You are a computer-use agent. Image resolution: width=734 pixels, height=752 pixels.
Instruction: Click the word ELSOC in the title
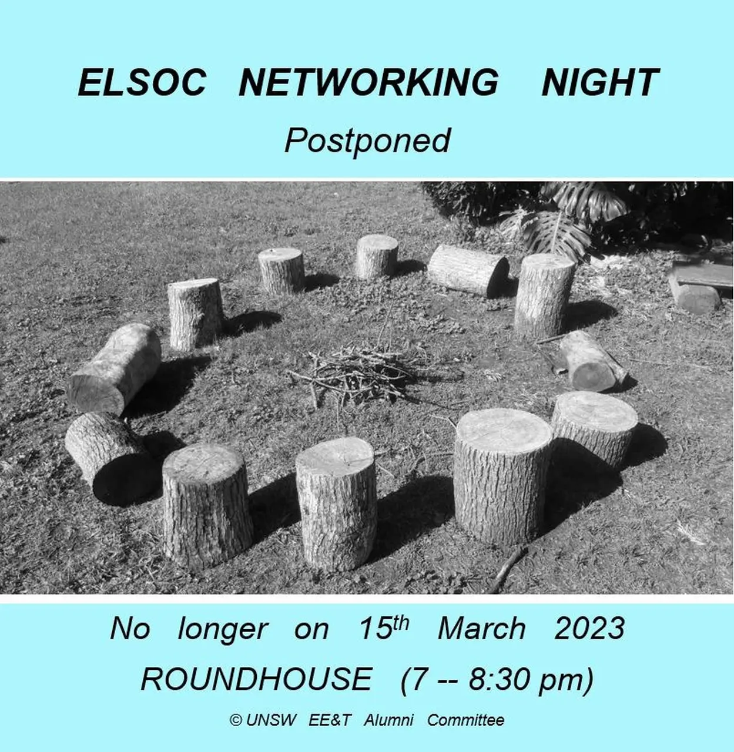pos(142,82)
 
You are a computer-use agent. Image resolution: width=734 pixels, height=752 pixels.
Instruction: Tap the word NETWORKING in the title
pos(368,82)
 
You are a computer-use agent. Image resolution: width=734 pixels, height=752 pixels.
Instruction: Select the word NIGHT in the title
pos(600,82)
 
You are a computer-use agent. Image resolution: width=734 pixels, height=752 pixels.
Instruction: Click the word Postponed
pos(367,141)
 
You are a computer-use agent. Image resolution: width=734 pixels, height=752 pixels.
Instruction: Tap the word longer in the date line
pos(223,631)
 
